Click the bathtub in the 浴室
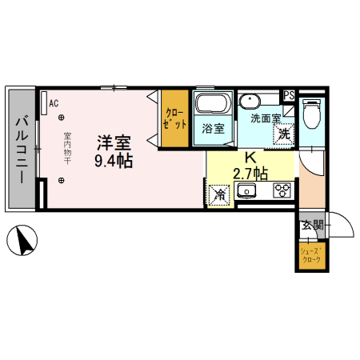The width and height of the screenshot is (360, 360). [x=213, y=103]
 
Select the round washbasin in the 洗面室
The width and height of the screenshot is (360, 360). [x=250, y=102]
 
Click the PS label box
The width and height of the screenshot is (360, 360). [x=289, y=95]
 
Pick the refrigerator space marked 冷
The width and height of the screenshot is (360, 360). [x=219, y=195]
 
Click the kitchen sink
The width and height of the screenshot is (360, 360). [x=246, y=190]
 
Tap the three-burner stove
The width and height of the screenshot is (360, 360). [x=282, y=190]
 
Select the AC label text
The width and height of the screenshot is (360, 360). [x=54, y=103]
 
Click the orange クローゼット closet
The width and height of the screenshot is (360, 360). [x=175, y=118]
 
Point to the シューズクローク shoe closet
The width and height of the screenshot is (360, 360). [x=312, y=255]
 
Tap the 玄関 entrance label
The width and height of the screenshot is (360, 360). [x=312, y=226]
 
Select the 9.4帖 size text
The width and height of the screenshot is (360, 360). [x=114, y=161]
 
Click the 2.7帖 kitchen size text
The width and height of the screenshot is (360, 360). [x=250, y=174]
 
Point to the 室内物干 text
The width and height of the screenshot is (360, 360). [x=67, y=148]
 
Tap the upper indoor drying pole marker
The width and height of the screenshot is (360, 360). [x=62, y=117]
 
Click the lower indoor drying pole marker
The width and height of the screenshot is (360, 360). [x=62, y=181]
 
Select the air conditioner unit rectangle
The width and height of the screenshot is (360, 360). [x=44, y=103]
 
